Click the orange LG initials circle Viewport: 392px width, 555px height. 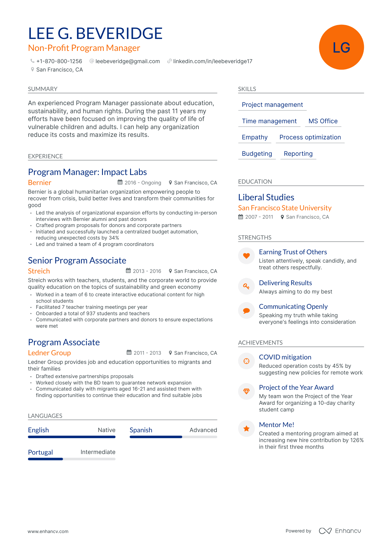[341, 47]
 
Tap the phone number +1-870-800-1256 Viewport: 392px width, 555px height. [59, 61]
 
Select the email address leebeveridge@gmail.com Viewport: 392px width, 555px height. [127, 61]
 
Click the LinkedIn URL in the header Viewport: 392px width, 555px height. [212, 61]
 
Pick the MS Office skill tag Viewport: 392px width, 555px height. [323, 121]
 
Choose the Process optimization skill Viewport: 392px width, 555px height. [310, 137]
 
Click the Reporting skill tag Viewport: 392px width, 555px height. [298, 154]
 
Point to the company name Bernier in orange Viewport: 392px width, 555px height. [39, 183]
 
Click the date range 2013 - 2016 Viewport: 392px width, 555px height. [147, 271]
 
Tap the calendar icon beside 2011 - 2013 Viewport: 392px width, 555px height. [129, 353]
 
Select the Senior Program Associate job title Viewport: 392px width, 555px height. [77, 261]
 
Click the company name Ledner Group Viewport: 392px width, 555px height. [49, 353]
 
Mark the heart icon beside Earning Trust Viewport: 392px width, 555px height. [246, 256]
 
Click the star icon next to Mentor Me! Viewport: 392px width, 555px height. [246, 429]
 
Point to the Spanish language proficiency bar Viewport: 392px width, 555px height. [173, 437]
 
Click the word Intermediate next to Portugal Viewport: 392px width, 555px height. [98, 452]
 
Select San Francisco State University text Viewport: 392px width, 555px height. [284, 208]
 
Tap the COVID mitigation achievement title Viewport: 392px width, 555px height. [285, 357]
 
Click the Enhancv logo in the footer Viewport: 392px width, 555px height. [340, 531]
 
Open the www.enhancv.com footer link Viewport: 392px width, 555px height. [48, 531]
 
